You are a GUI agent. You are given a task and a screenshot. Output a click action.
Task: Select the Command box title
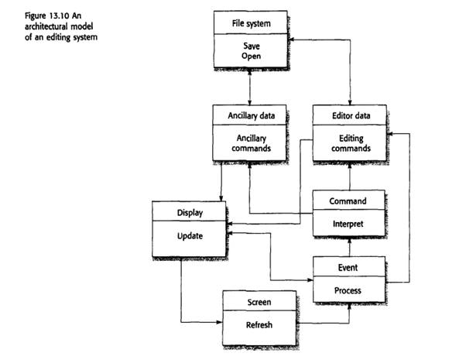coord(348,201)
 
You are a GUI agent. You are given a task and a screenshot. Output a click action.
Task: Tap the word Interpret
coord(348,224)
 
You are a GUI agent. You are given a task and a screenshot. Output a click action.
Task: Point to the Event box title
coord(348,267)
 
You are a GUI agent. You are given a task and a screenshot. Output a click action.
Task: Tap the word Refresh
coord(259,325)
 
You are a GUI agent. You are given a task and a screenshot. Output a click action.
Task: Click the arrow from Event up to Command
coord(349,249)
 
